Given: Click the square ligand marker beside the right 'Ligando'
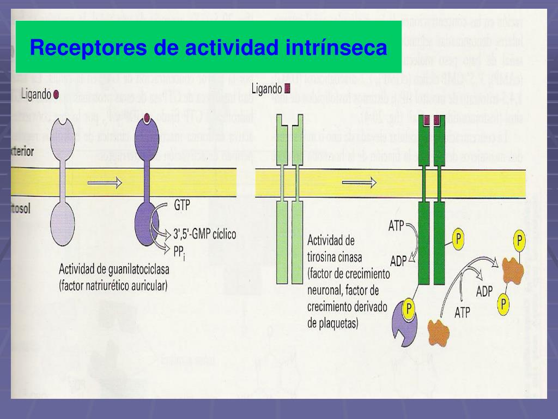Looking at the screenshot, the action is click(x=287, y=88).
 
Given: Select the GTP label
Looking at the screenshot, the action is click(x=182, y=206).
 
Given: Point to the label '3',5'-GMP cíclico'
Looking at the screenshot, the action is click(x=204, y=235).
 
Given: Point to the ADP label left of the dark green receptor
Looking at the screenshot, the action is click(x=398, y=260).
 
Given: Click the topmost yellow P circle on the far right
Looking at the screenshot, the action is click(x=520, y=240).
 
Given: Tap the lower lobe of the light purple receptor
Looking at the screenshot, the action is click(x=64, y=221).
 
